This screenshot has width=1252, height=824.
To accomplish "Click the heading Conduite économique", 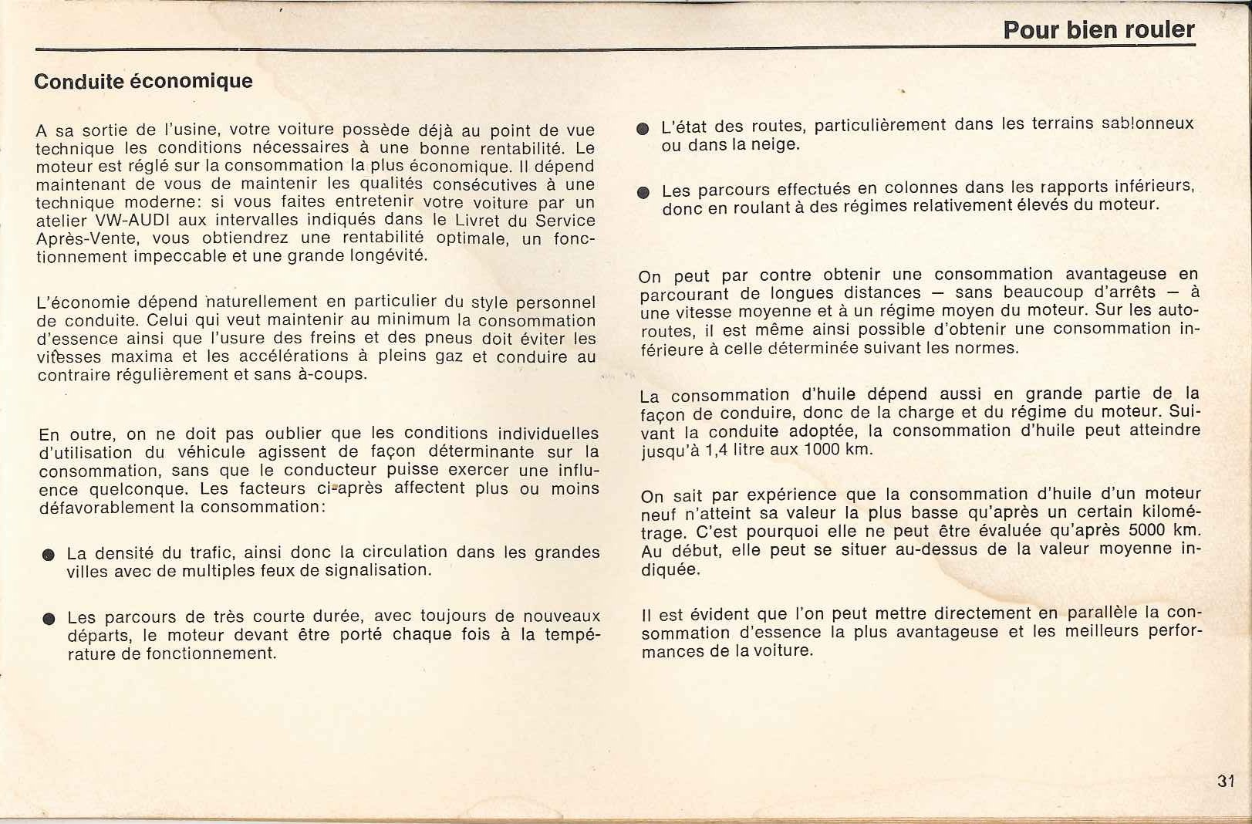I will point(143,81).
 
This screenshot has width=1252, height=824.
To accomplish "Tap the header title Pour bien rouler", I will point(1098,30).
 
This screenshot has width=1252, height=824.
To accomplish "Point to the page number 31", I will point(1226,781).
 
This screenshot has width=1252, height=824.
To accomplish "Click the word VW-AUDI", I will point(125,221).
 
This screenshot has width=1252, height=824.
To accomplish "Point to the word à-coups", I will point(336,376).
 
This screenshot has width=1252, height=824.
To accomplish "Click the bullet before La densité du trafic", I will point(48,555).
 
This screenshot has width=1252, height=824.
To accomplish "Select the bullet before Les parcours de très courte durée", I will point(48,619).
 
